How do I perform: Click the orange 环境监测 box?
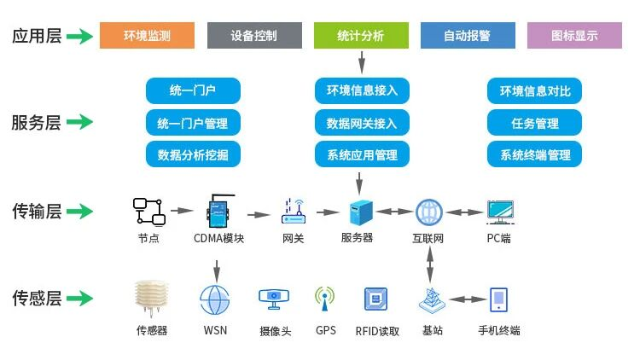pos(147,36)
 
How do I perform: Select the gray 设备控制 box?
pos(254,36)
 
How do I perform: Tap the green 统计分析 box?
pos(361,36)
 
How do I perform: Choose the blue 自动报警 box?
pos(468,36)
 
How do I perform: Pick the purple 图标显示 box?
pos(574,36)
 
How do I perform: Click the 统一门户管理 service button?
pos(193,123)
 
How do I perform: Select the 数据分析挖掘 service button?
pos(193,154)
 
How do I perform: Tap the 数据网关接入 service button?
pos(362,123)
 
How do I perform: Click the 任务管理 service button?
pos(534,123)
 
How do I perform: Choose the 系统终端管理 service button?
pos(534,154)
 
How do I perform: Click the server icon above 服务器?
pos(357,211)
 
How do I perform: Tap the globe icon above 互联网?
pos(428,211)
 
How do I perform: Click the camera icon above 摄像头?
pos(274,298)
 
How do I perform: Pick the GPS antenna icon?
pos(325,298)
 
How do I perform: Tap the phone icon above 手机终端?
pos(499,299)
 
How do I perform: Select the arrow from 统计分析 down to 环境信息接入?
pos(362,61)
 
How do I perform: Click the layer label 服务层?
pos(36,123)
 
